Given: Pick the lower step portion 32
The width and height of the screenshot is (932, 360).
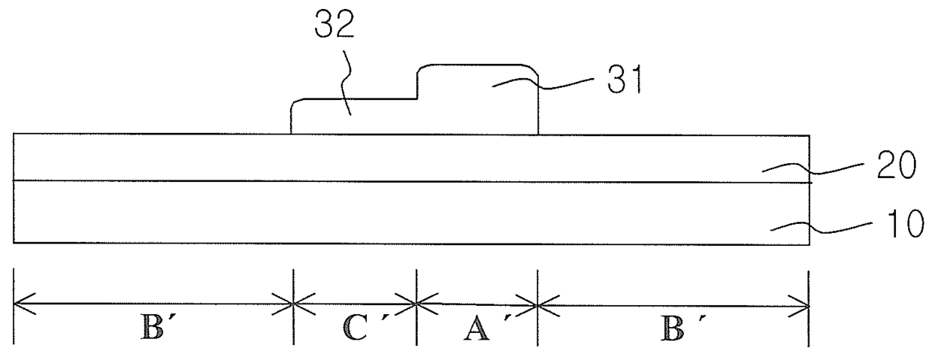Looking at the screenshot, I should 353,118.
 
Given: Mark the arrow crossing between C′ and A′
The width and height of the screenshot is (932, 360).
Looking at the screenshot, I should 416,304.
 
